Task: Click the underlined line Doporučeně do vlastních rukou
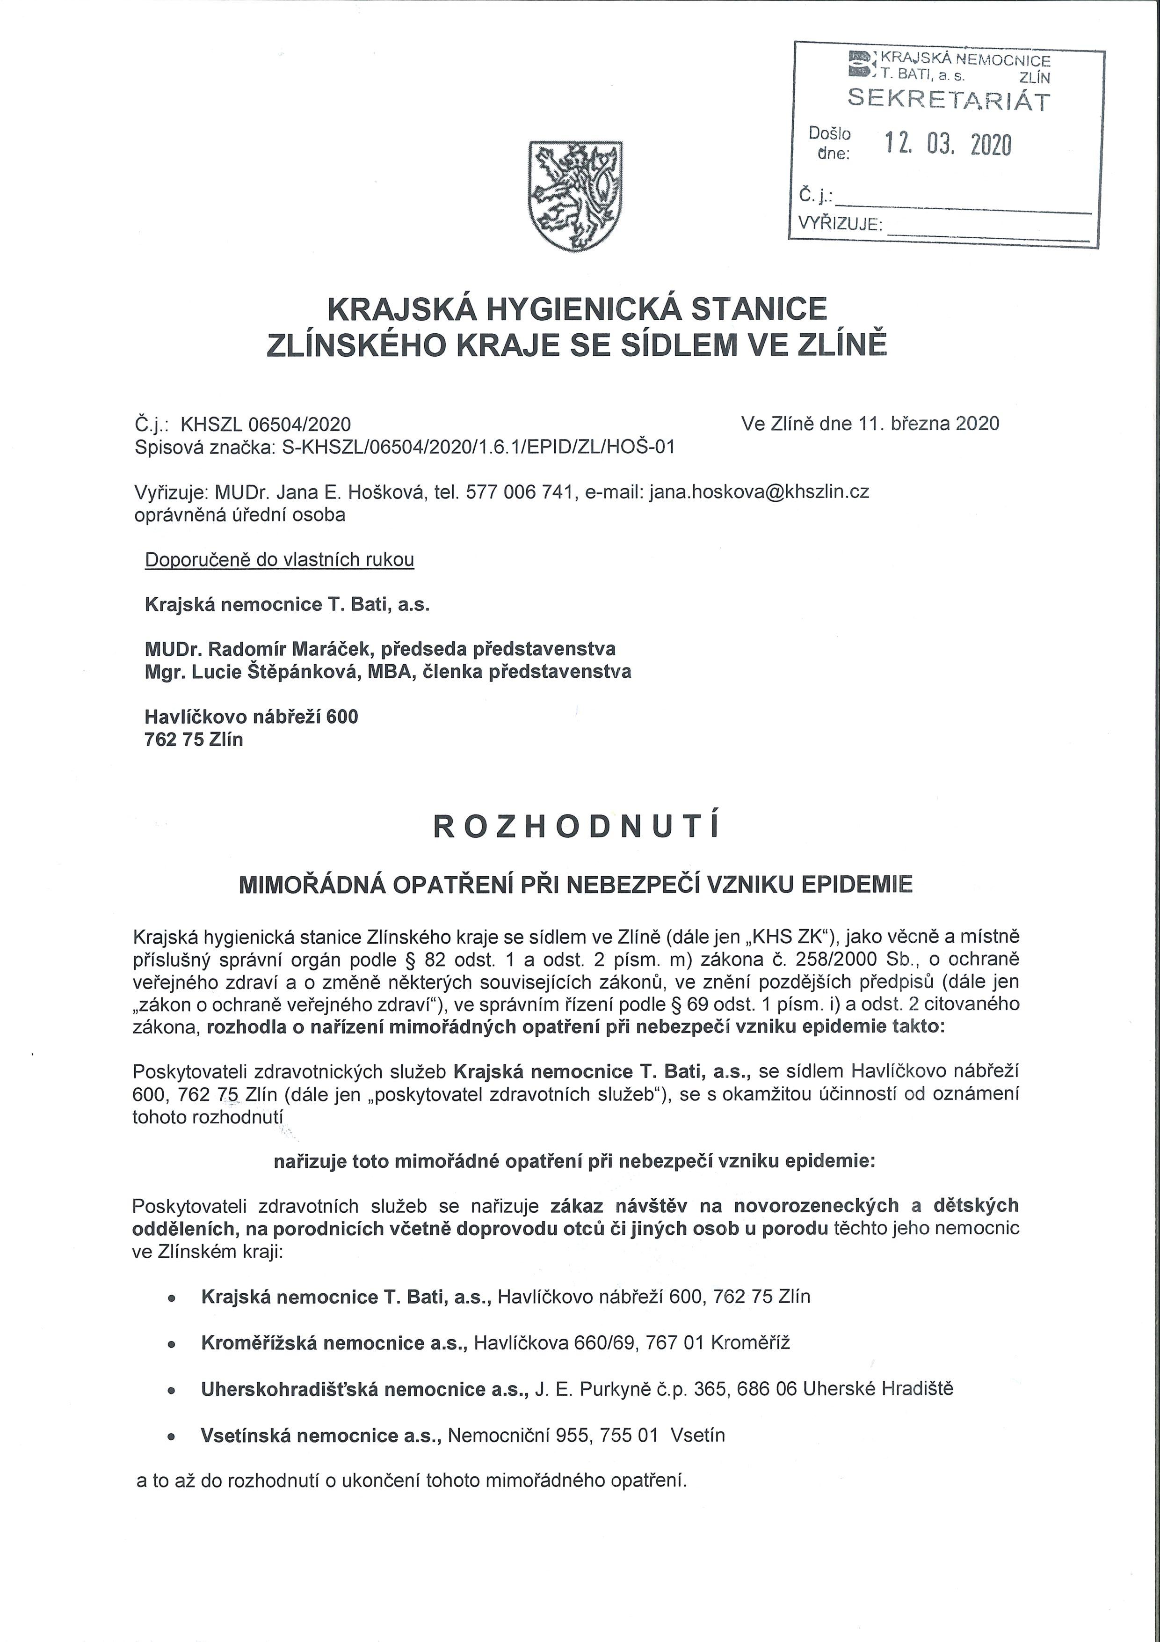[x=279, y=559]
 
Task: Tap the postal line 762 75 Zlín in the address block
[x=194, y=740]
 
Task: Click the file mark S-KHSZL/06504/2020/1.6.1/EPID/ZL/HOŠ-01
[x=475, y=447]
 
